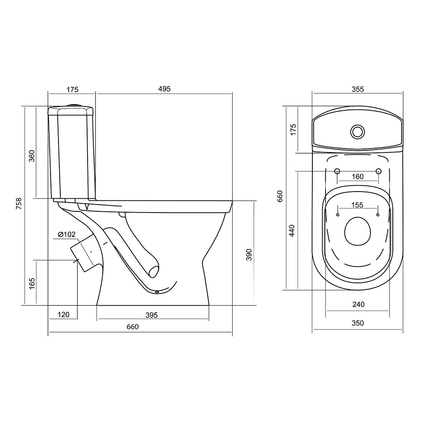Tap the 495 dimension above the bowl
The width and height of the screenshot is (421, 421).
[164, 89]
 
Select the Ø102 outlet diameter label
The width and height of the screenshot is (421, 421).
[67, 234]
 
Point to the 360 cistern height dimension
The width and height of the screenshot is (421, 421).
[32, 156]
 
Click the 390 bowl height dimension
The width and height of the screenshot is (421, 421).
[249, 255]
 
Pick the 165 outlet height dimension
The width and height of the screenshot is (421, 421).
[32, 283]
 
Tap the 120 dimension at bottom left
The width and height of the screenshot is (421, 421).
[64, 314]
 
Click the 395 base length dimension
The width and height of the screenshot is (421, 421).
[152, 315]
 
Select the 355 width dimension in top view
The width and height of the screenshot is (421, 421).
[357, 89]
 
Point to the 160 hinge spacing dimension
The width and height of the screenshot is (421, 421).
[357, 177]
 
